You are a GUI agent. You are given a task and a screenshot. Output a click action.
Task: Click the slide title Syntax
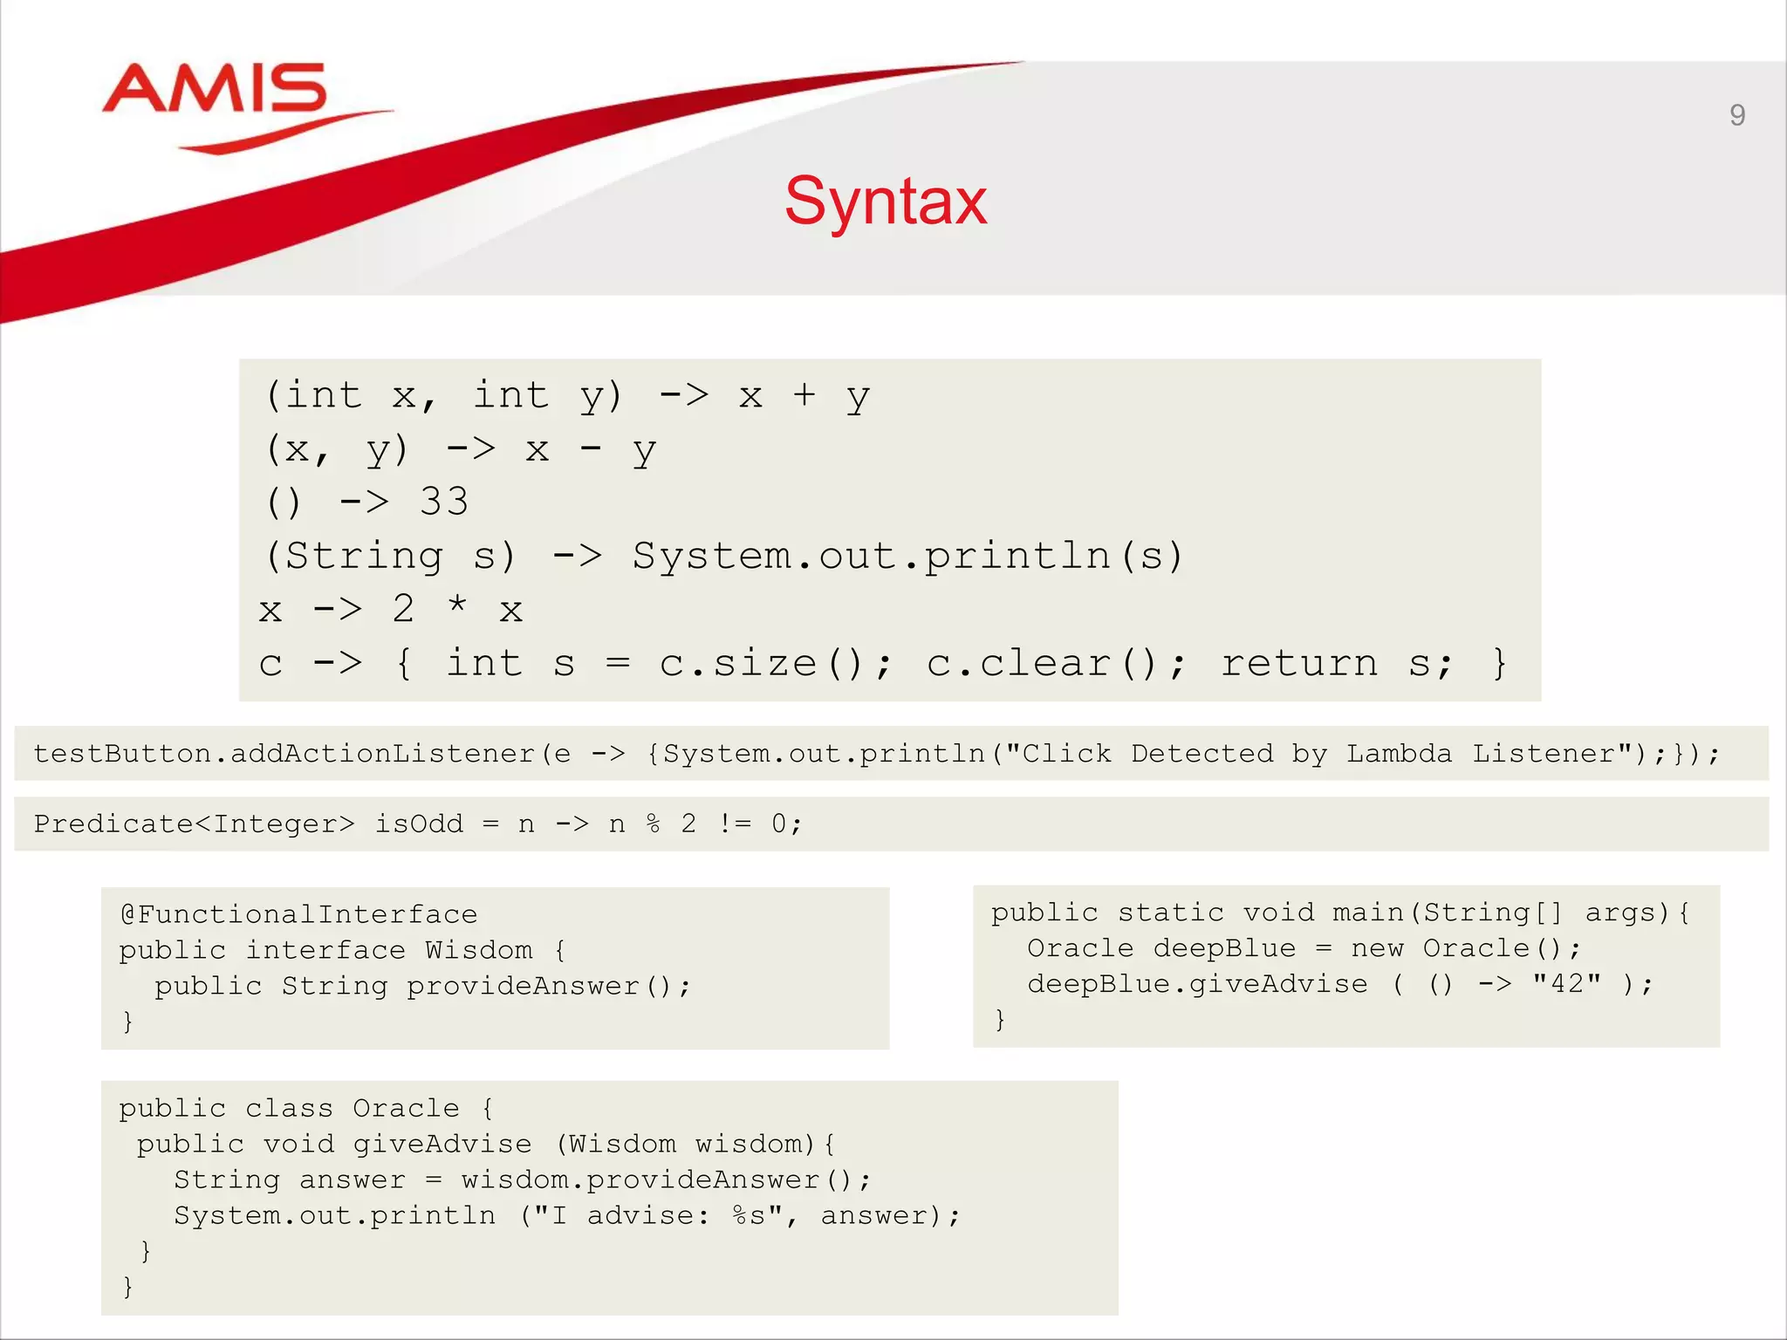coord(886,202)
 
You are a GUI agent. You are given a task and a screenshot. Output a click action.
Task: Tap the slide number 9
coord(1736,115)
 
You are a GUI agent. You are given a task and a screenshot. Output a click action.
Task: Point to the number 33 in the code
coord(444,502)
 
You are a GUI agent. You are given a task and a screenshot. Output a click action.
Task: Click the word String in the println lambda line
coord(364,557)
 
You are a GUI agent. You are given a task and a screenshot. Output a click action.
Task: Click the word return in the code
coord(1299,664)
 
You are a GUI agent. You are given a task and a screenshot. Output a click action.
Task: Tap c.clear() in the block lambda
coord(1056,664)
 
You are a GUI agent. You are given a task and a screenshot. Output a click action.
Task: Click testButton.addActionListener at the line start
coord(284,754)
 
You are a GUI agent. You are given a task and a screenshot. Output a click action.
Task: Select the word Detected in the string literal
coord(1202,754)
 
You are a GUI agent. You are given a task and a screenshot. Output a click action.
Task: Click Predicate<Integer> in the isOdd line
coord(194,824)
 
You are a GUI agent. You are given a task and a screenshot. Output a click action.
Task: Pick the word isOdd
coord(419,824)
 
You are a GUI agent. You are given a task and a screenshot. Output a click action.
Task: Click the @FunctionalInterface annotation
coord(299,914)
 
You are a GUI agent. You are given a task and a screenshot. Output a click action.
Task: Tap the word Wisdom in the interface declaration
coord(478,950)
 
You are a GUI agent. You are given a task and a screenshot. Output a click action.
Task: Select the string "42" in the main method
coord(1567,984)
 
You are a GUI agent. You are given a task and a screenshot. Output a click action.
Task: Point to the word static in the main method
coord(1171,913)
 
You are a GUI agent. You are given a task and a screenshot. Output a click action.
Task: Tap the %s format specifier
coord(750,1215)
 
